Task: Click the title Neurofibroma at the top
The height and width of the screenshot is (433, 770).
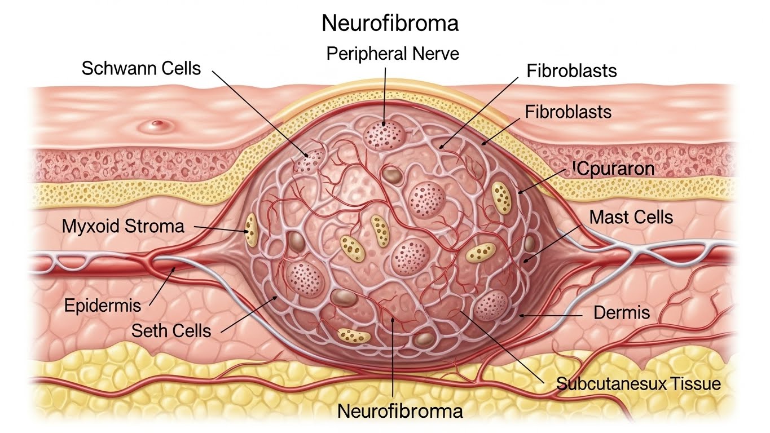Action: (389, 24)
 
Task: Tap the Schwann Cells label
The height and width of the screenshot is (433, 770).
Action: (141, 69)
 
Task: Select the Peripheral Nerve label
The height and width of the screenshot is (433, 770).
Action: (393, 54)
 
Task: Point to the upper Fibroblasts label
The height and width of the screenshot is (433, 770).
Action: (571, 71)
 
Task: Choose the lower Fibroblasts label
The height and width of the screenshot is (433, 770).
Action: (568, 112)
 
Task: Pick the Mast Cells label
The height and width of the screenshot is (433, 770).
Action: (631, 216)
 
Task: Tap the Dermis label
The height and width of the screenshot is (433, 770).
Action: (622, 312)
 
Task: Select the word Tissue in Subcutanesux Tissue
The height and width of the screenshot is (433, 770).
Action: (696, 384)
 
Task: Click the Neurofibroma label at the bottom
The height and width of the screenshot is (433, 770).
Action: (400, 411)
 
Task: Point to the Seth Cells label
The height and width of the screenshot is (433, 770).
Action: (171, 330)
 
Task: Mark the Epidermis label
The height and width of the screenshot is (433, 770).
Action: (102, 306)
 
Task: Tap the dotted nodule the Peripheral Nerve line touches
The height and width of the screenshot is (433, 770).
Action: (384, 134)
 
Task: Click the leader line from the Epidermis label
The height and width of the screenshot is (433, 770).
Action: (164, 288)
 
